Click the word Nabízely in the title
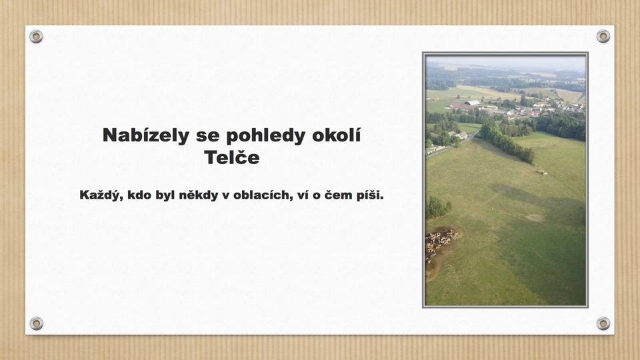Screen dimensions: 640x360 tap(146, 135)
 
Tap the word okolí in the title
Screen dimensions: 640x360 tap(336, 135)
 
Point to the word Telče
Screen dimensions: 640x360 tap(232, 157)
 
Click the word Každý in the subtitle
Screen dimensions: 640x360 tap(101, 195)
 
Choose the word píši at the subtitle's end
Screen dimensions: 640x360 tap(370, 195)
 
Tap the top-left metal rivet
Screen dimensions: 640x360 tap(36, 37)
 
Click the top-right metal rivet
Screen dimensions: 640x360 tap(603, 36)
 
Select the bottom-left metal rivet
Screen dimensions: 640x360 tap(36, 324)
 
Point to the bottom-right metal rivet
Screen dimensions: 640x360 tap(603, 324)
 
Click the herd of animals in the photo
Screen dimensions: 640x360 tap(439, 243)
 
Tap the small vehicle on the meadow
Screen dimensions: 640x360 tap(541, 172)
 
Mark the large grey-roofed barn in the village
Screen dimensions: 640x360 tap(472, 103)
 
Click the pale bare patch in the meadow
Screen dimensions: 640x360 tap(535, 217)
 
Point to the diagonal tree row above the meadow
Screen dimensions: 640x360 tap(506, 143)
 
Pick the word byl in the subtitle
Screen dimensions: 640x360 tap(165, 195)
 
